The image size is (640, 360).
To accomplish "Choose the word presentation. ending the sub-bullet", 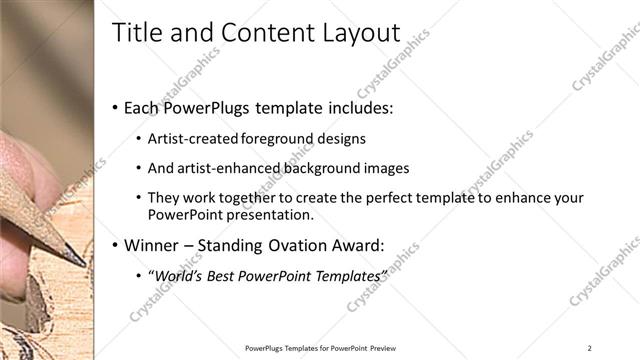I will click(270, 214).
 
